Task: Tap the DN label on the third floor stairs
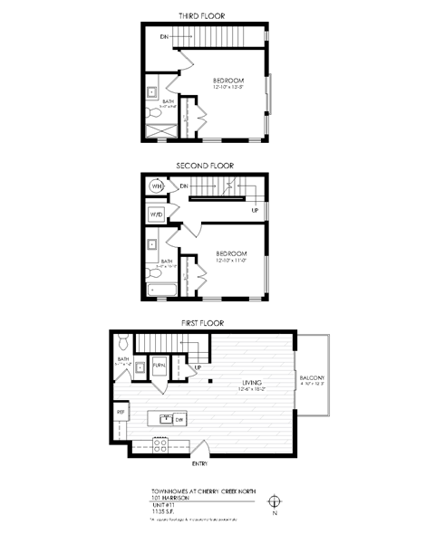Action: pos(164,36)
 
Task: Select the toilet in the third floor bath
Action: pos(151,112)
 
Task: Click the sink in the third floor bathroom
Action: pos(152,91)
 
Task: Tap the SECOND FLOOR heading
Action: pos(205,166)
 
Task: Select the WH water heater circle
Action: pos(156,186)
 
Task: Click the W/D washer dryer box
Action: pos(156,214)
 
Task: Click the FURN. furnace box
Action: pos(159,366)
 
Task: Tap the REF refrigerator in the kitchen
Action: pos(121,412)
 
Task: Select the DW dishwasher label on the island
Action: pos(179,419)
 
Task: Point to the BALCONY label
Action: pos(312,377)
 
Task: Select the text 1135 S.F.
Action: pos(165,513)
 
